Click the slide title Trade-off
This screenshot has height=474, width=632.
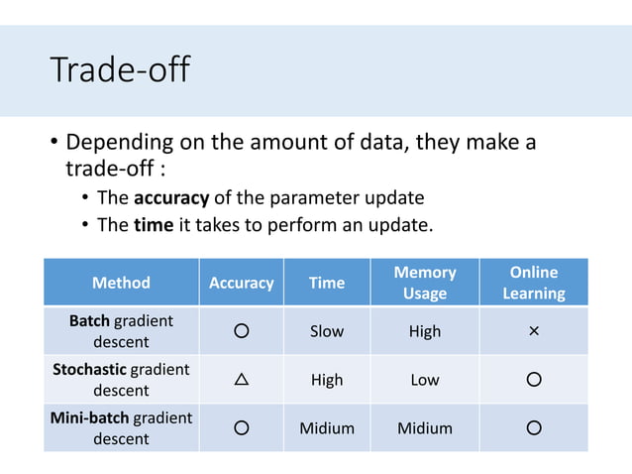pyautogui.click(x=120, y=70)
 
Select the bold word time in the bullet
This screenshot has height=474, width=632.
pyautogui.click(x=153, y=224)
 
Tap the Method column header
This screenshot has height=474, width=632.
pyautogui.click(x=121, y=283)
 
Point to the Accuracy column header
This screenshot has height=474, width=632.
pyautogui.click(x=241, y=283)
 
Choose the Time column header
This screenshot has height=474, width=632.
pyautogui.click(x=326, y=283)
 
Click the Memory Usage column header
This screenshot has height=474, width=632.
pyautogui.click(x=425, y=283)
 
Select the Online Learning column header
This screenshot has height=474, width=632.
pyautogui.click(x=534, y=283)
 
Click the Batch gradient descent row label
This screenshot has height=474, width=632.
pyautogui.click(x=121, y=331)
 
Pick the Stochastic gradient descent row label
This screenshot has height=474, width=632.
pyautogui.click(x=121, y=380)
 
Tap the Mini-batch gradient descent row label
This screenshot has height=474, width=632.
pyautogui.click(x=121, y=428)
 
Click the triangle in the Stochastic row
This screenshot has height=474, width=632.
pyautogui.click(x=241, y=380)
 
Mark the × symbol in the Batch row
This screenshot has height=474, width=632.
pyautogui.click(x=534, y=331)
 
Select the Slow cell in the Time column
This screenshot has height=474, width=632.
pyautogui.click(x=326, y=331)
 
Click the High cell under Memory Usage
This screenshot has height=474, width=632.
pyautogui.click(x=425, y=331)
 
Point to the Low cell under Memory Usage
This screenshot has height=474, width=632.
pyautogui.click(x=425, y=380)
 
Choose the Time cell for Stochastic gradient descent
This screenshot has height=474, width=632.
pyautogui.click(x=326, y=380)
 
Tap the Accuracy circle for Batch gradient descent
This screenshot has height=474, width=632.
pyautogui.click(x=241, y=331)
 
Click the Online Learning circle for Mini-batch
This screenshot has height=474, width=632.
pyautogui.click(x=534, y=428)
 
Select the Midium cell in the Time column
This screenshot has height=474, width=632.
pyautogui.click(x=326, y=428)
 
